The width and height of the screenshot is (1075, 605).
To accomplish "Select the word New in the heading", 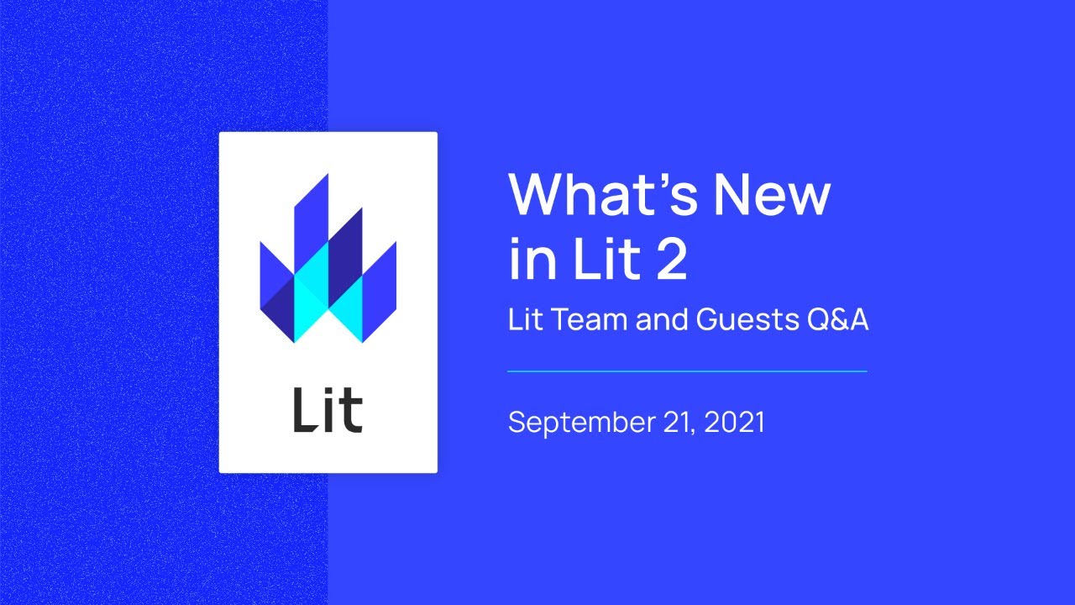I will pyautogui.click(x=772, y=195).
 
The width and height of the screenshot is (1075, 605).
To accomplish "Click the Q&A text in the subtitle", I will pyautogui.click(x=836, y=320).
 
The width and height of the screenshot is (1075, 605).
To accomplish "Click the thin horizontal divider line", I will pyautogui.click(x=687, y=371).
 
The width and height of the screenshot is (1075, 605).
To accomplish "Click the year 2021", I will pyautogui.click(x=735, y=422).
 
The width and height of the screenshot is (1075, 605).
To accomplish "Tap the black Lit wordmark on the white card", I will pyautogui.click(x=328, y=413).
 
